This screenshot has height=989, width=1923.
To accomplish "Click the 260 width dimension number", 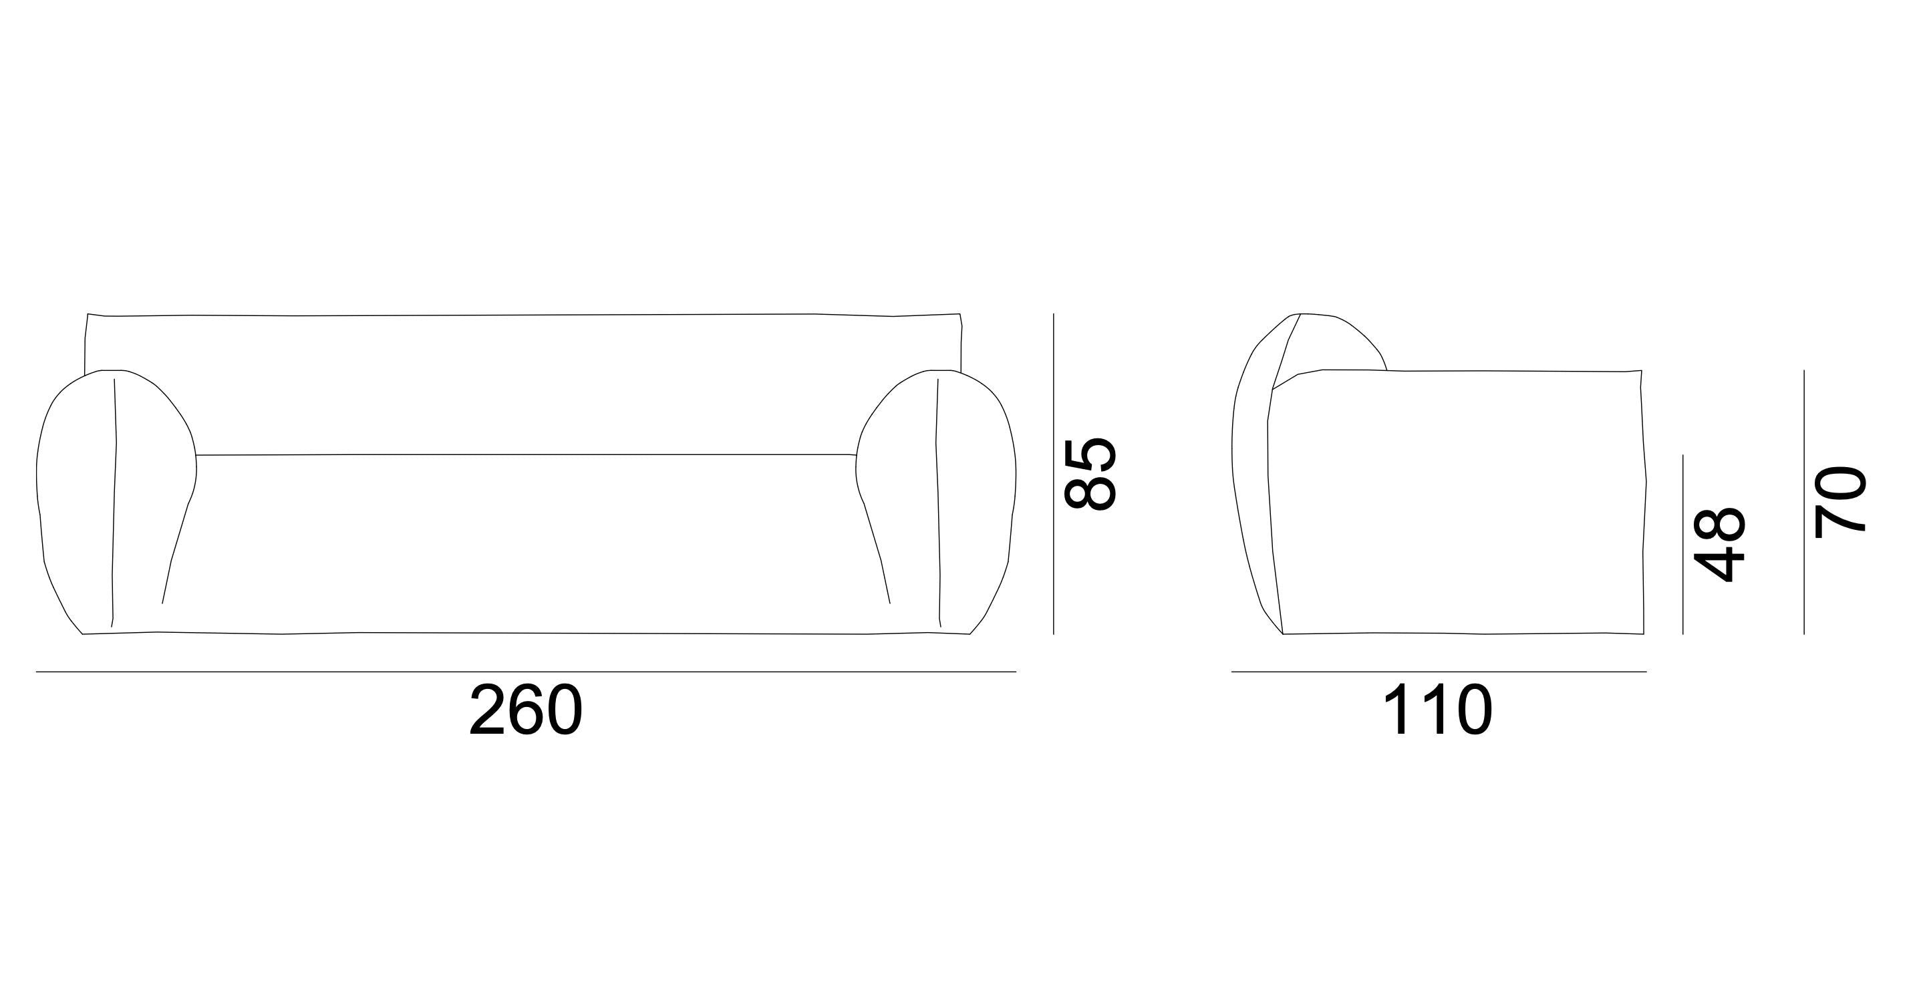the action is (x=526, y=711).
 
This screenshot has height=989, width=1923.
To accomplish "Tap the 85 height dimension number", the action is (x=1090, y=474).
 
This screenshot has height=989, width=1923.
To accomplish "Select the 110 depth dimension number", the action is (x=1438, y=711).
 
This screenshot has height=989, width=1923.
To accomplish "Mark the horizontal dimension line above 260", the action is (x=526, y=672).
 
